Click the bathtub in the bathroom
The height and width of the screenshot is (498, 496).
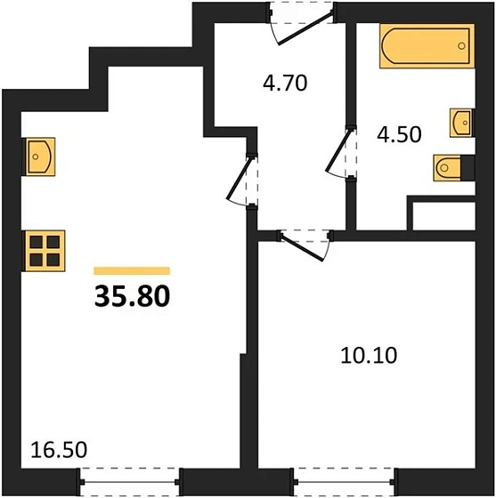(424, 44)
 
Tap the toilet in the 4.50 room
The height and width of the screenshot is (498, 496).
(450, 166)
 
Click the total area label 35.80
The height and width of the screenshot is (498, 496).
(131, 294)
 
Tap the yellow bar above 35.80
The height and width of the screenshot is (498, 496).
(131, 270)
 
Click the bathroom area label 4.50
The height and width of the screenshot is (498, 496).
(399, 135)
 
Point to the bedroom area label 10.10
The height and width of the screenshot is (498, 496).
(368, 356)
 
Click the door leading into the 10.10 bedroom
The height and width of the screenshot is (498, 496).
(303, 241)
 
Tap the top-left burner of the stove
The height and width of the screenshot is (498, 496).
(36, 242)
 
